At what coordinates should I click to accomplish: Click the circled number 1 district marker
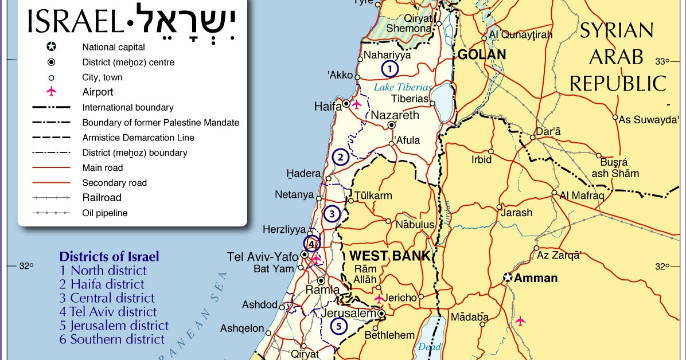pos(389,69)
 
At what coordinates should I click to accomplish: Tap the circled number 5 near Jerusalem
pos(339,327)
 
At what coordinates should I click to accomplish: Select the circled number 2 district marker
pos(340,157)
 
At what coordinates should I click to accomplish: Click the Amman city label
pos(536,278)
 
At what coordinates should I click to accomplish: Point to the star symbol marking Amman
pos(507,277)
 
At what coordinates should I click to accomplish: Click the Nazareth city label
pos(395,115)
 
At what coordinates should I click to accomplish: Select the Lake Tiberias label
pos(403,87)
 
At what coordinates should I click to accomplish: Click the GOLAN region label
pos(481,54)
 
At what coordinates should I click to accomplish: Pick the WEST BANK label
pos(390,256)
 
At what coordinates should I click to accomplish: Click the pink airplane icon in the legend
pos(51,92)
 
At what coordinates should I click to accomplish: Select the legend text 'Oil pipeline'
pos(105,213)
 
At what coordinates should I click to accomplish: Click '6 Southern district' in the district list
pos(112,339)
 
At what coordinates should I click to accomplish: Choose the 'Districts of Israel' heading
pos(109,257)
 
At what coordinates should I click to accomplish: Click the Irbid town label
pos(481,160)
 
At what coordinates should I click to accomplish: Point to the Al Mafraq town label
pos(582,195)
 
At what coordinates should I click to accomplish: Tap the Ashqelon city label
pos(242,329)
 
